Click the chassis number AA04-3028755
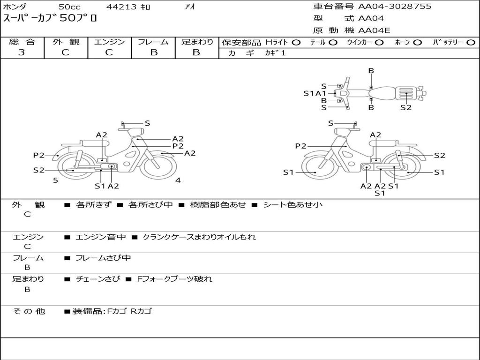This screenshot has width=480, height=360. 395,7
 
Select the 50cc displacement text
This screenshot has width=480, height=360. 69,7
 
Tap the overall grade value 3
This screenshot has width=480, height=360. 22,52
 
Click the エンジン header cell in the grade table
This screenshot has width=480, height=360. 109,42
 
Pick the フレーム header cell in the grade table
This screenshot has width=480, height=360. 153,42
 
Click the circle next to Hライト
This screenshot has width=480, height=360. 296,43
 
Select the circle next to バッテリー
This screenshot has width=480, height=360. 471,43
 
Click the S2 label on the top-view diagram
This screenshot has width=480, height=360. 406,107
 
